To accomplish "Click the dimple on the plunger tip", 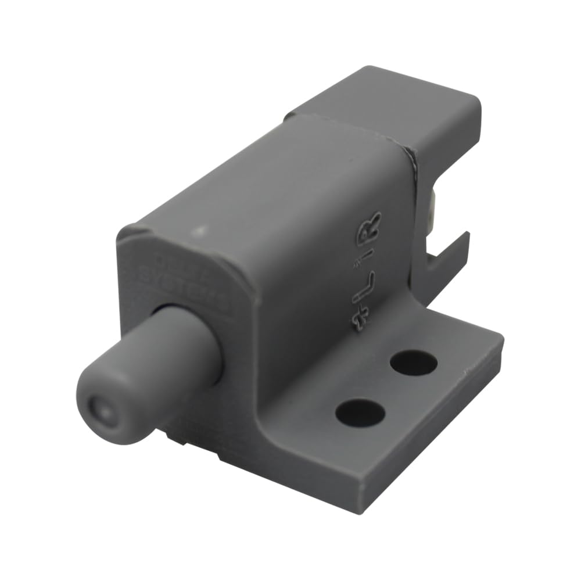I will pos(100,411).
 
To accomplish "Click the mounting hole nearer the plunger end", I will pos(360,413).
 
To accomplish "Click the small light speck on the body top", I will pos(200,231).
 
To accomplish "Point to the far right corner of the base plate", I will pos(500,337).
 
